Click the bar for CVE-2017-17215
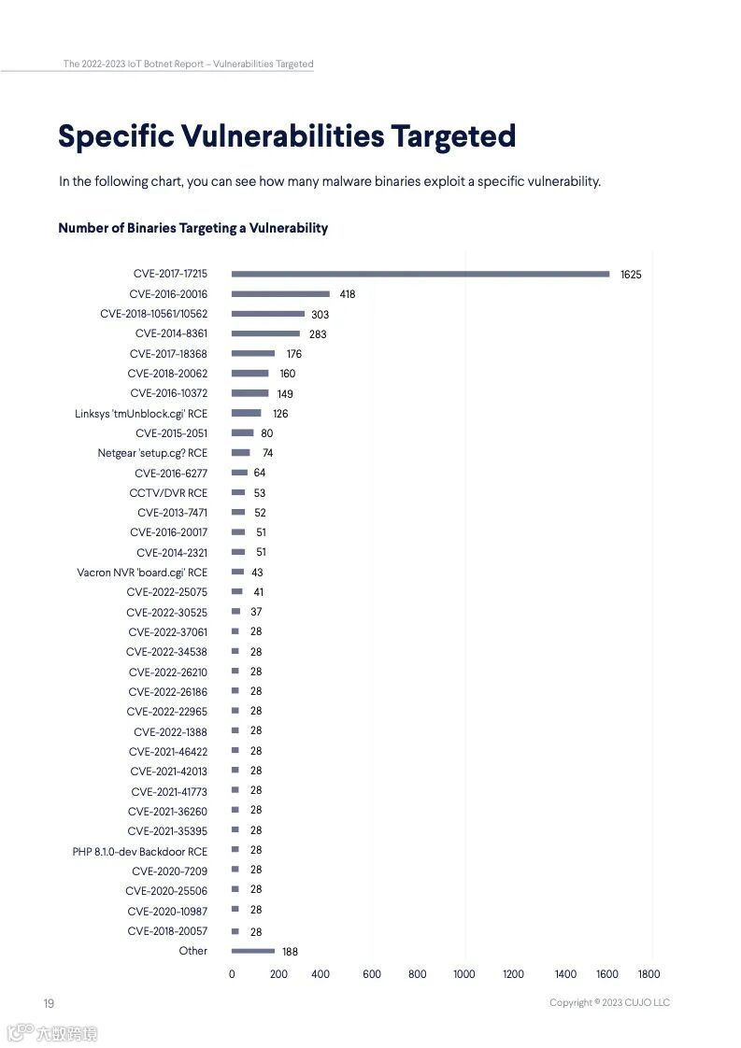click(x=420, y=274)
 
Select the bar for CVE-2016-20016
click(x=280, y=293)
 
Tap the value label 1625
click(x=631, y=275)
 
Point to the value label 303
click(x=320, y=315)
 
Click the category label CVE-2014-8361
click(x=171, y=333)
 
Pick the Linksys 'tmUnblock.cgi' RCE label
click(x=141, y=413)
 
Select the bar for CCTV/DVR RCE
click(x=238, y=492)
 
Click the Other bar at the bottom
click(x=253, y=951)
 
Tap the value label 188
click(x=290, y=952)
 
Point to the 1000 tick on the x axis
click(x=464, y=974)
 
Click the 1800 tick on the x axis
click(x=648, y=974)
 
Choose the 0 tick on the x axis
click(x=232, y=974)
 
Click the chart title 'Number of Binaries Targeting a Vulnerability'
click(x=192, y=228)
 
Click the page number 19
click(x=49, y=1003)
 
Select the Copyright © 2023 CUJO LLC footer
click(x=609, y=1003)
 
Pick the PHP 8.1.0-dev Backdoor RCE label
click(x=140, y=851)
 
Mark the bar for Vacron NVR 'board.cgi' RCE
click(x=237, y=572)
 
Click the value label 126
click(x=280, y=414)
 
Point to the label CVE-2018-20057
click(x=167, y=931)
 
